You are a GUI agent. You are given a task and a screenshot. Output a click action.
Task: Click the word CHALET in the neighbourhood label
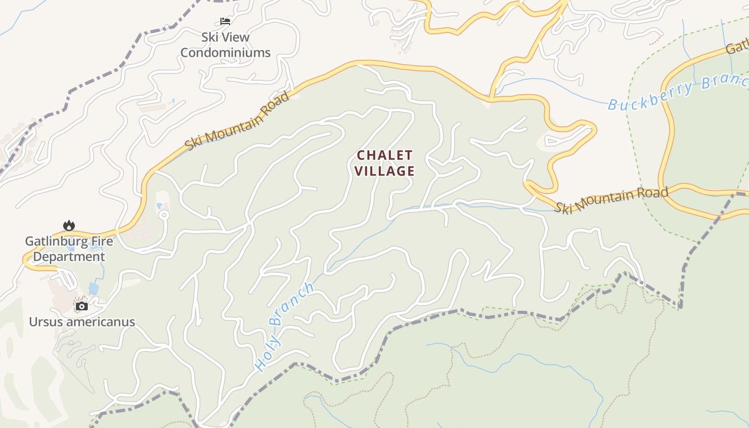coord(385,155)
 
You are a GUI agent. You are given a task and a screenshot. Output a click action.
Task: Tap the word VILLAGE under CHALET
coord(385,171)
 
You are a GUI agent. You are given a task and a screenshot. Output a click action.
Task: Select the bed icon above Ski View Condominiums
coord(225,21)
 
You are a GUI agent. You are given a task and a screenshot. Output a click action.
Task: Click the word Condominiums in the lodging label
coord(225,52)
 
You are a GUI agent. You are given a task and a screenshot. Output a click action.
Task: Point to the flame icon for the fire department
coord(69,225)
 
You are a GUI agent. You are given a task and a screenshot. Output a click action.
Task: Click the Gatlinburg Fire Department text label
coord(69,249)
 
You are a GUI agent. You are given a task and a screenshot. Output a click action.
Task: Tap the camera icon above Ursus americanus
coord(81,306)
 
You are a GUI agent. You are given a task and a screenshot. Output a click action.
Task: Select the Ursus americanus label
coord(82,322)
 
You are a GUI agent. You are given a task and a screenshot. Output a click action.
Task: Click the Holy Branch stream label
coord(284,326)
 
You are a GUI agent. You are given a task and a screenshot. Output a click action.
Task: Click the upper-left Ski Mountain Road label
coord(237,121)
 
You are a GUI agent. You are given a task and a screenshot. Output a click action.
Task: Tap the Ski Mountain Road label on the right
coord(611,200)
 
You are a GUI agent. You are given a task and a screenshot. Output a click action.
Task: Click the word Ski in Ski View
coord(209,37)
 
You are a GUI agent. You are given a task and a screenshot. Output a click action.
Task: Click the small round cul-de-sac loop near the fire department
coord(164,215)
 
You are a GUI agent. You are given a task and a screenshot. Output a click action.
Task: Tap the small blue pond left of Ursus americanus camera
coord(94,289)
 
